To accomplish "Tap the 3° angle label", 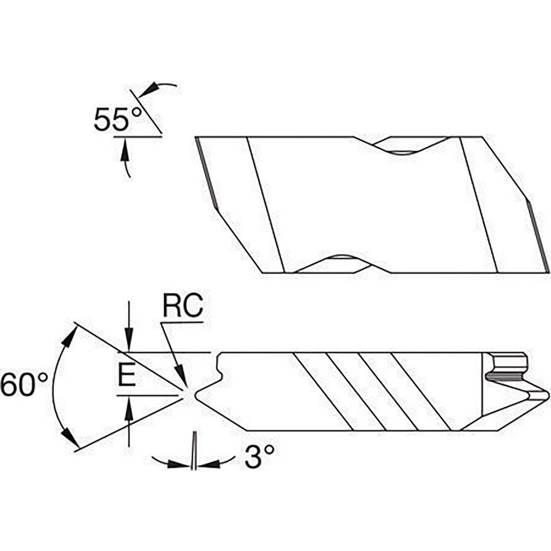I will pyautogui.click(x=259, y=457).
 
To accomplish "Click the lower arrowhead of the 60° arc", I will pyautogui.click(x=68, y=436).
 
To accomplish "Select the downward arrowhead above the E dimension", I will pyautogui.click(x=128, y=344).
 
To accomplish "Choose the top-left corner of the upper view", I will pyautogui.click(x=196, y=137).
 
